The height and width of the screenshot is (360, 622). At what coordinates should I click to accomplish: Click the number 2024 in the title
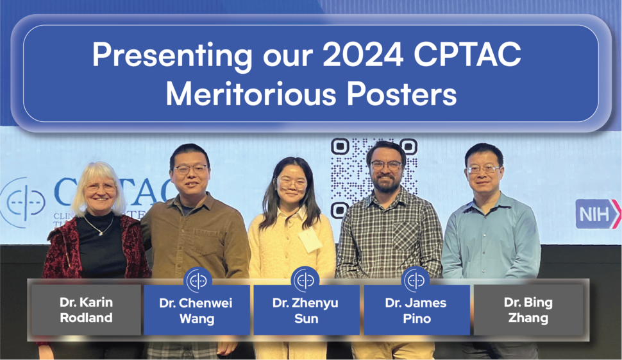(363, 56)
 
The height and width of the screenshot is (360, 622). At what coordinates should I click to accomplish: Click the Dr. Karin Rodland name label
(86, 309)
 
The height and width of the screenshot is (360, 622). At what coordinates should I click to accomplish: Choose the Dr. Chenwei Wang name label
(196, 309)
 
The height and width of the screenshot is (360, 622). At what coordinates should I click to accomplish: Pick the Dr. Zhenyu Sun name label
(305, 309)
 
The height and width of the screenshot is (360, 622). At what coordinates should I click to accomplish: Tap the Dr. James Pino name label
(416, 309)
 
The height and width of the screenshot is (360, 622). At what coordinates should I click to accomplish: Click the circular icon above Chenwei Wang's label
(198, 280)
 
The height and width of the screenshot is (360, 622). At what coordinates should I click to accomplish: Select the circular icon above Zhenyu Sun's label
(305, 280)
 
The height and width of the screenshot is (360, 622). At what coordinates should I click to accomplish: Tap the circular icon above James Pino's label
(416, 280)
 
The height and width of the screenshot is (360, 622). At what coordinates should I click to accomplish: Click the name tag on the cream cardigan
(310, 240)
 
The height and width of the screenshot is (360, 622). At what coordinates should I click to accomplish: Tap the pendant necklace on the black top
(97, 231)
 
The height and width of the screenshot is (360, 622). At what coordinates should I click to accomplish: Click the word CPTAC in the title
(467, 56)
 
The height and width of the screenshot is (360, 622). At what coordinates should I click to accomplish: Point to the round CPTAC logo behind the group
(22, 202)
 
